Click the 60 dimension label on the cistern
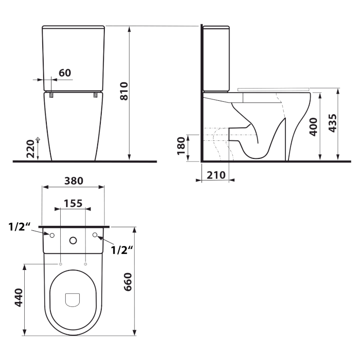coord(65,73)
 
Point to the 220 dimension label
coord(30,149)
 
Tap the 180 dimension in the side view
coord(181,146)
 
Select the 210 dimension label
coord(216,175)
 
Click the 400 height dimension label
coord(314,127)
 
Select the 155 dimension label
coord(73,203)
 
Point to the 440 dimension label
coord(18,298)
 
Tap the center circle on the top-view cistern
coord(73,240)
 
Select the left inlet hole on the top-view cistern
coord(52,235)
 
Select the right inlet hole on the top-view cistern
coord(95,235)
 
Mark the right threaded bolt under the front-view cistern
coord(96,95)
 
